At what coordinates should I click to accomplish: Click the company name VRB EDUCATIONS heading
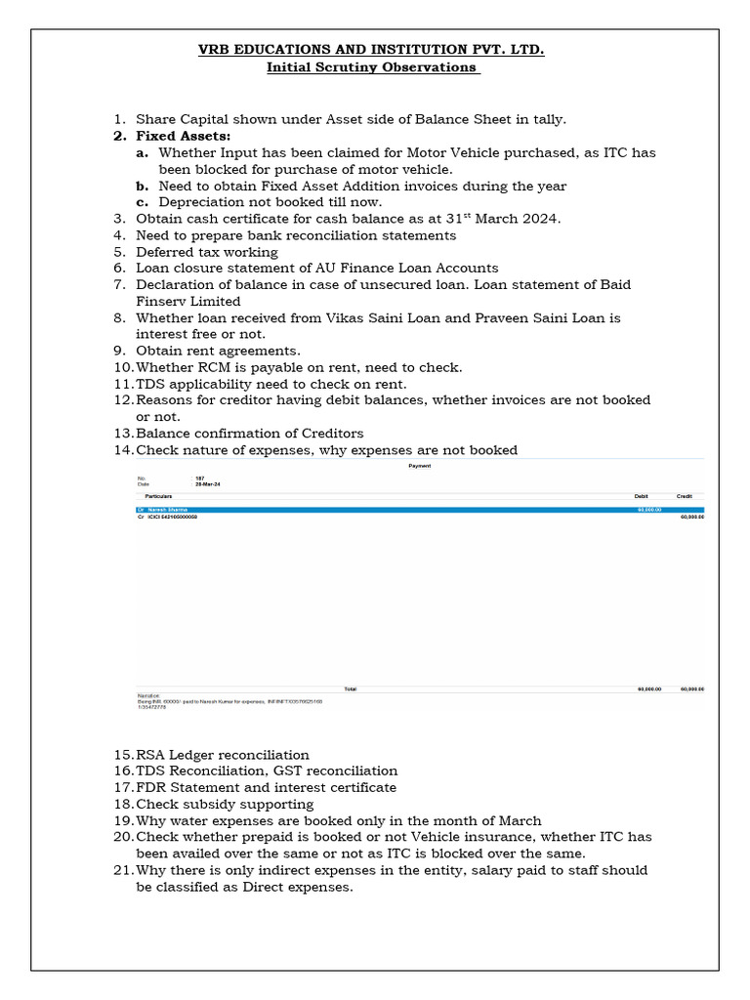(x=375, y=49)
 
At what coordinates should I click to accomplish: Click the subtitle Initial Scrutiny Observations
(x=375, y=67)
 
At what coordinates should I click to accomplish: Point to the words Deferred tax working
(x=207, y=252)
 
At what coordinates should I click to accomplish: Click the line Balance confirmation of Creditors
(x=249, y=433)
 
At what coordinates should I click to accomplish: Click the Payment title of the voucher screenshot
(x=419, y=466)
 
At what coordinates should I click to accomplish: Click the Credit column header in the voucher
(x=686, y=497)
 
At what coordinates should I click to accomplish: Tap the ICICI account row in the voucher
(x=172, y=517)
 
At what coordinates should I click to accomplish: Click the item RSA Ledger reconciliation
(x=223, y=755)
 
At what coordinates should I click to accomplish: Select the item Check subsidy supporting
(x=225, y=805)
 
